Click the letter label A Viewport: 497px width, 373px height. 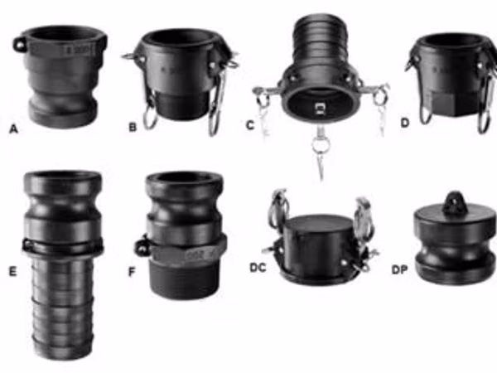tap(13, 129)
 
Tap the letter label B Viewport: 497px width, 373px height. tap(133, 127)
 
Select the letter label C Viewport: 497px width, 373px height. tap(250, 125)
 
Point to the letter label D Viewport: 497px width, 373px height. tap(405, 123)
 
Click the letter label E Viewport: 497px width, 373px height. tap(12, 272)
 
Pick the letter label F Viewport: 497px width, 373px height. tap(132, 272)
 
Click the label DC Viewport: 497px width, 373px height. tap(258, 268)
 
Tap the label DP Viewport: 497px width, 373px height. tap(399, 269)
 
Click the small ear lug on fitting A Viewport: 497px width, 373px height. tap(19, 45)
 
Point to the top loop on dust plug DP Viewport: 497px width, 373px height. tap(455, 202)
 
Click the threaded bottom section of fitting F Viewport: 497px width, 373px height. tap(185, 279)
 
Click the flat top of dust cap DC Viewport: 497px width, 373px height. tap(318, 223)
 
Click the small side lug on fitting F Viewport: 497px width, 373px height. tap(142, 247)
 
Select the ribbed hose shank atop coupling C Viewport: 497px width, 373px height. tap(320, 40)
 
